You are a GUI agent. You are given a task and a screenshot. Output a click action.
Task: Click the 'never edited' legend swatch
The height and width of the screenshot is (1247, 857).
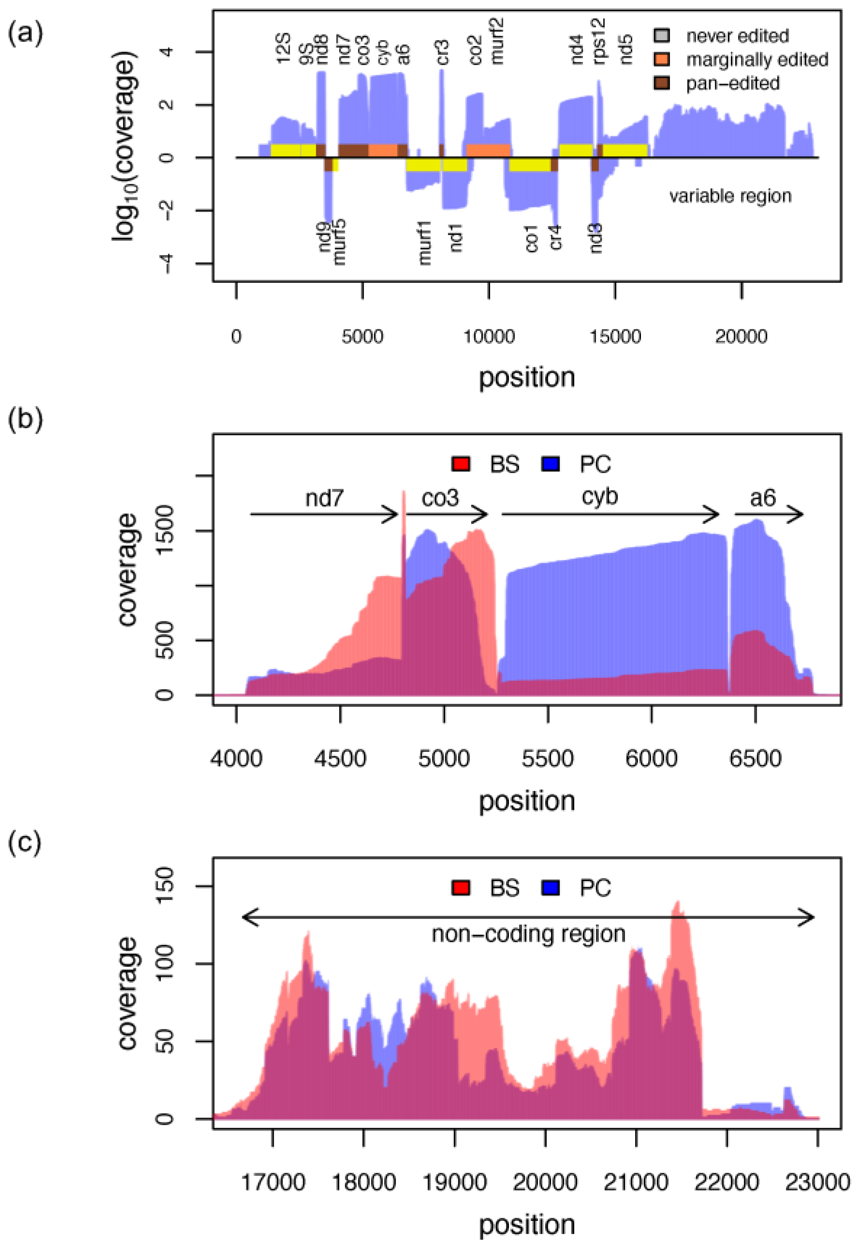tap(662, 35)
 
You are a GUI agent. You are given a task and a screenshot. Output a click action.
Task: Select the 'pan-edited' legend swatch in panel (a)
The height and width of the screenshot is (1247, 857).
tap(662, 83)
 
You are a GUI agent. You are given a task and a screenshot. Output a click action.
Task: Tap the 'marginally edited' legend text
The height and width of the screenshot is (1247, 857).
tap(757, 59)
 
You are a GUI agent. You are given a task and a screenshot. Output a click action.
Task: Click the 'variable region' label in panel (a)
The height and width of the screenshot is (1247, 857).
tap(730, 196)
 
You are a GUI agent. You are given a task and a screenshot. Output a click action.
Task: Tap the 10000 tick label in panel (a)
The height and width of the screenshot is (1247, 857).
tap(489, 337)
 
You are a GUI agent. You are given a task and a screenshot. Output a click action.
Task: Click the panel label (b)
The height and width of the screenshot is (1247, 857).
tap(25, 419)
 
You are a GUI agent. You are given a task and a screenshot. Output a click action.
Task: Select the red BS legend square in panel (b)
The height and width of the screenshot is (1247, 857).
tap(461, 464)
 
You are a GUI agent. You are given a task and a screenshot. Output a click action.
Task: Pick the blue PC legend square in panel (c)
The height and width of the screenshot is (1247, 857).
tap(551, 888)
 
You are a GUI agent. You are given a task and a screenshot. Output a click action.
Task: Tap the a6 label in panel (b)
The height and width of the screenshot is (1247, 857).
tap(762, 498)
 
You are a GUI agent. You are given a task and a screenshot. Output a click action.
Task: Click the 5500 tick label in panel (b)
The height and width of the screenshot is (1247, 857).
tap(547, 759)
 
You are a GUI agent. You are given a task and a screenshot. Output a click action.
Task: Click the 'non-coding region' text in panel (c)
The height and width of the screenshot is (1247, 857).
tap(528, 934)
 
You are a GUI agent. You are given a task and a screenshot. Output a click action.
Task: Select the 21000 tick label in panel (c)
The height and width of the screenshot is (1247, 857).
tap(636, 1182)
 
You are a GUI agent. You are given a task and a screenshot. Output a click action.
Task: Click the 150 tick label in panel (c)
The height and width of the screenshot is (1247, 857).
tap(167, 887)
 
